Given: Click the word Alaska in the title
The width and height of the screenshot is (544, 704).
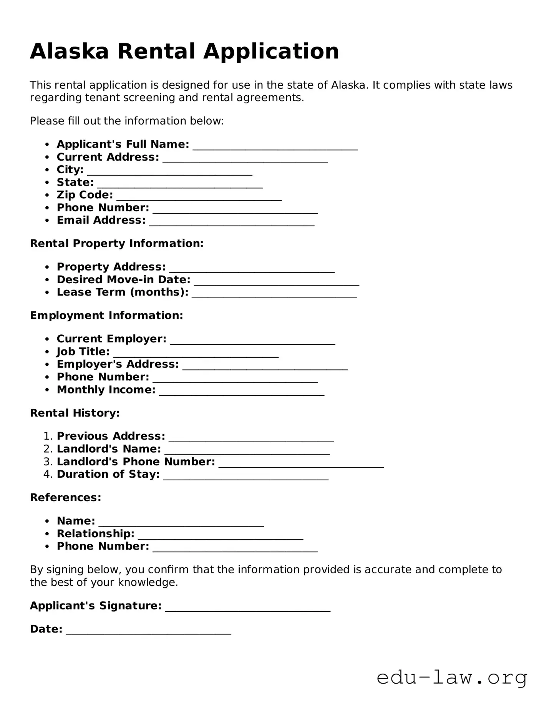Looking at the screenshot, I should coord(70,51).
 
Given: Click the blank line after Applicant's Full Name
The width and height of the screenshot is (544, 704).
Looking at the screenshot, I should coord(275,146).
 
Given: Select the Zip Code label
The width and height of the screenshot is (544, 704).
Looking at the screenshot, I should coord(85,195).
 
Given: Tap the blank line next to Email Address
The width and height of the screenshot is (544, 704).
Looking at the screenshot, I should coord(232,222).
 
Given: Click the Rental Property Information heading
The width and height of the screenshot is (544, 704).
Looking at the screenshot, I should coord(116,244).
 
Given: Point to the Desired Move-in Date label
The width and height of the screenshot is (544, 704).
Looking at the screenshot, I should coord(123,280).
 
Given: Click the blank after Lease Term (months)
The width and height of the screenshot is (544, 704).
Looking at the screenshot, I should coord(274,294).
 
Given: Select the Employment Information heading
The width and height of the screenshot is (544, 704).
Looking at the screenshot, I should coord(106,315).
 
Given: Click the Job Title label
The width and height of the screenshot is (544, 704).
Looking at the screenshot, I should coord(83,352).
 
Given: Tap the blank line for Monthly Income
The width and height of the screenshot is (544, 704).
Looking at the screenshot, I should coord(242,391).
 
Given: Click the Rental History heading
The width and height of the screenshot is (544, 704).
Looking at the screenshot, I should coord(75,413).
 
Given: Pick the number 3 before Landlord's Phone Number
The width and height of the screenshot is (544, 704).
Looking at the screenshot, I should coord(46,462).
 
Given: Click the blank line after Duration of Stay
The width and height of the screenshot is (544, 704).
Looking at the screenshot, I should coord(246,476).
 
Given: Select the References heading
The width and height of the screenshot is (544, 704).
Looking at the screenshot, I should coord(65,498).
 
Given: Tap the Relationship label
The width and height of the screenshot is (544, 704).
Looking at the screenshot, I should coord(95,534).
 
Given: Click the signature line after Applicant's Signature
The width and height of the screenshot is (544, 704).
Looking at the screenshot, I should coord(248,607).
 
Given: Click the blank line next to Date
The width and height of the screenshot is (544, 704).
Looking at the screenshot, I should coord(149,631).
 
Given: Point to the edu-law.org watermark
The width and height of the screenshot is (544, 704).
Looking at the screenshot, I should coord(451,678).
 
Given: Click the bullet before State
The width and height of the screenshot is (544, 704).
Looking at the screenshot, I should coord(47,183).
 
